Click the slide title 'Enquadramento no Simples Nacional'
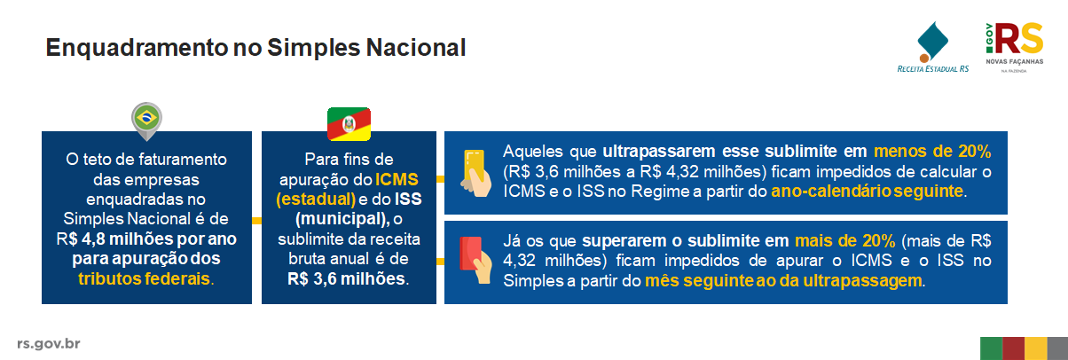point(255,48)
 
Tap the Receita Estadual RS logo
point(932,47)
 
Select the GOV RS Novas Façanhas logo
point(1014,48)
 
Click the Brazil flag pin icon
point(147,121)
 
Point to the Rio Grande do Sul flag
point(349,124)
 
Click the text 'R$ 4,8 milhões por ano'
point(146,239)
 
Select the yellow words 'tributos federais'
point(144,279)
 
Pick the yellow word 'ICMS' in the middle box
point(397,180)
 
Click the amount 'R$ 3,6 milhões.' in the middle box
point(349,279)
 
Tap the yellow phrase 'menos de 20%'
point(932,152)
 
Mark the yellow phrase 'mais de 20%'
point(844,241)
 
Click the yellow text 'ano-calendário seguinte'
point(868,192)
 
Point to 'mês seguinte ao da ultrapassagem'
point(783,281)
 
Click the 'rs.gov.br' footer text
point(49,344)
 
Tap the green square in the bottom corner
point(991,348)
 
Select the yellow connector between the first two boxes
point(256,220)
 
